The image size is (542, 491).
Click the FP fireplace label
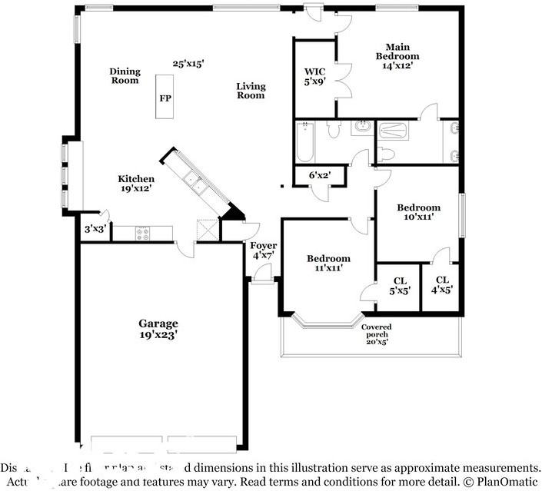pyautogui.click(x=165, y=98)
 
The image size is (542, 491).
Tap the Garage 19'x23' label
pyautogui.click(x=158, y=329)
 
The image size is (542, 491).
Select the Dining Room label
pyautogui.click(x=125, y=75)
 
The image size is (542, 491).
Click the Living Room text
pyautogui.click(x=250, y=91)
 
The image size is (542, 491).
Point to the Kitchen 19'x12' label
pyautogui.click(x=135, y=184)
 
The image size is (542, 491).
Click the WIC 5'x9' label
pyautogui.click(x=314, y=76)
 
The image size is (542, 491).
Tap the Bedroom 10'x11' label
pyautogui.click(x=418, y=212)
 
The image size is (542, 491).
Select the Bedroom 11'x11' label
pyautogui.click(x=328, y=264)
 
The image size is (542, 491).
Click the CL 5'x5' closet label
pyautogui.click(x=399, y=286)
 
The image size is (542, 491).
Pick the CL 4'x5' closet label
pyautogui.click(x=442, y=285)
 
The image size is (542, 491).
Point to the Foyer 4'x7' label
pyautogui.click(x=264, y=250)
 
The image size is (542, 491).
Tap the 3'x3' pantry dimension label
pyautogui.click(x=95, y=228)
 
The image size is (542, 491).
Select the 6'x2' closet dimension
pyautogui.click(x=319, y=175)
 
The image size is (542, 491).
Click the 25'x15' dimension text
pyautogui.click(x=188, y=65)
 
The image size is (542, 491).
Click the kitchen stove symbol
pyautogui.click(x=144, y=231)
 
